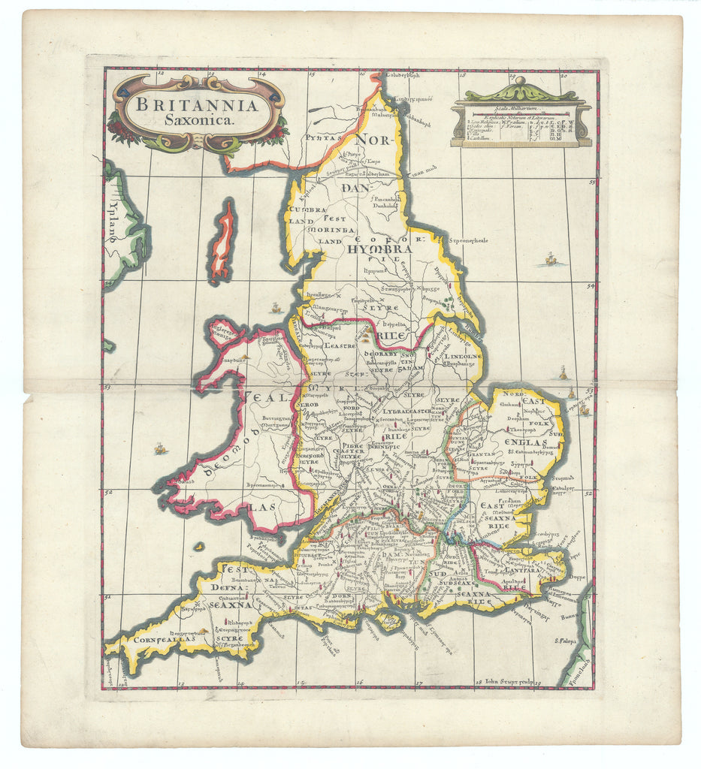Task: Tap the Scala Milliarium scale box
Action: [x=521, y=124]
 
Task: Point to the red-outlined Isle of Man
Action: [x=222, y=240]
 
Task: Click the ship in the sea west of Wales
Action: [x=159, y=448]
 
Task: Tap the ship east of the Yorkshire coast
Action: [x=550, y=259]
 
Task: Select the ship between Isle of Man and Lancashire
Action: [x=276, y=308]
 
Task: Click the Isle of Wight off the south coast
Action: [x=389, y=620]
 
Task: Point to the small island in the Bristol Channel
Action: [x=198, y=547]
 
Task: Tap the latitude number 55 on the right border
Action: [x=593, y=181]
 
